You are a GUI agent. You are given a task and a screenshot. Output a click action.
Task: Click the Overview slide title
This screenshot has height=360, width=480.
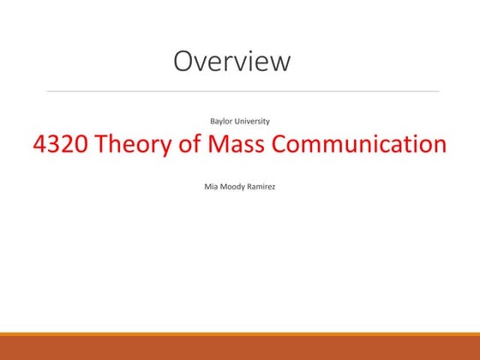(231, 61)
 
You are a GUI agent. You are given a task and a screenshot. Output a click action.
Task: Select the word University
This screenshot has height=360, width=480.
(253, 121)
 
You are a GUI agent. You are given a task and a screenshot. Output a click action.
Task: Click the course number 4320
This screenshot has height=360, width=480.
(61, 145)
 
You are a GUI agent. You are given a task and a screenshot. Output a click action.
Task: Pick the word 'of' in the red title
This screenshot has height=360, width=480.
(188, 145)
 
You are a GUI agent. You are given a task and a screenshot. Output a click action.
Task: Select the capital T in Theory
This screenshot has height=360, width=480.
(104, 145)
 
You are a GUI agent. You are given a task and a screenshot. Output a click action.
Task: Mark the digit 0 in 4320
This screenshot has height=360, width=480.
(81, 145)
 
